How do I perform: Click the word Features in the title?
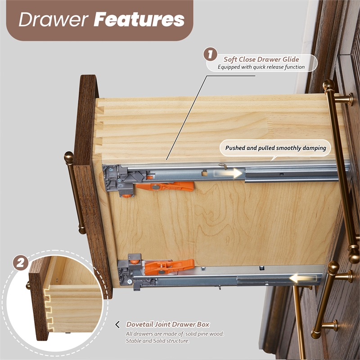139,19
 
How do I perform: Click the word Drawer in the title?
54,19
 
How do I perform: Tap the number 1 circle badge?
210,54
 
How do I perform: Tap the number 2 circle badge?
21,263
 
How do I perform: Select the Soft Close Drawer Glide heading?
261,59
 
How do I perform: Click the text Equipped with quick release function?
261,67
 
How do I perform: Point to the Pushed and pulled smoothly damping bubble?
275,148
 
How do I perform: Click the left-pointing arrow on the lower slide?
303,279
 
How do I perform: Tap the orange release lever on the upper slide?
165,186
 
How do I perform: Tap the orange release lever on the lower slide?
170,266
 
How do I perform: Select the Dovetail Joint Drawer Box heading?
168,324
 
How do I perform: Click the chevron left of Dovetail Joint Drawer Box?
117,324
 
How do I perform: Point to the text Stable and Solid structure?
157,341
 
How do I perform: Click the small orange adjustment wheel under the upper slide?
127,196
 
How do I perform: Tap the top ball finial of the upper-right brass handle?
329,85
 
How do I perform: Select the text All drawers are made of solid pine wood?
175,334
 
